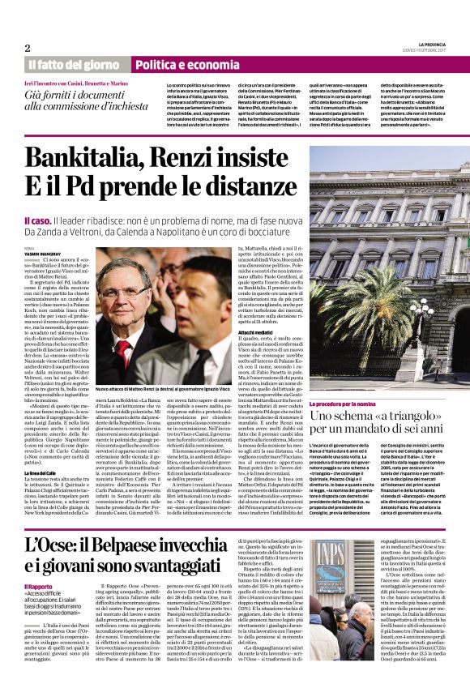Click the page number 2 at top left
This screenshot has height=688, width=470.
[28, 48]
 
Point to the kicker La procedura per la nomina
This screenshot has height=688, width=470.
[342, 404]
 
